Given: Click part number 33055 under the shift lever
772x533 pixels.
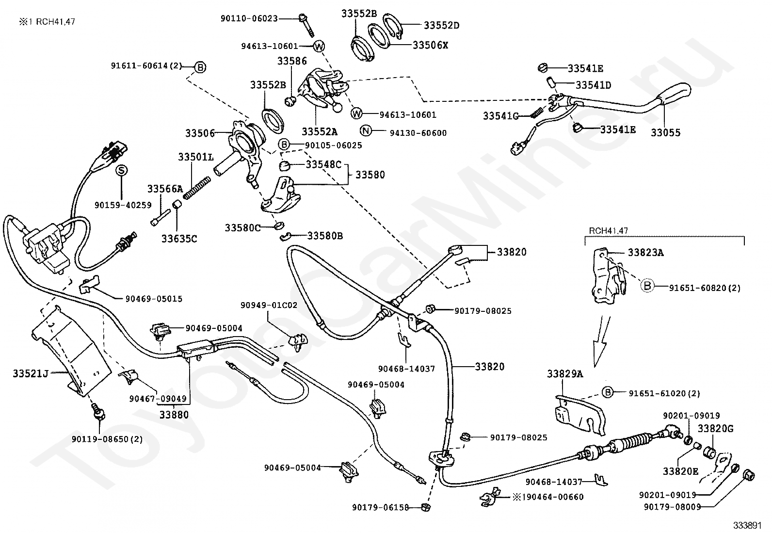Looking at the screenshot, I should click(665, 132).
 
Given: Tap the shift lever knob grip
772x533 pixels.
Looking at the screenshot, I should click(676, 93).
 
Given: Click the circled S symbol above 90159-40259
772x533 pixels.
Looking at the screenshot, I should click(121, 170).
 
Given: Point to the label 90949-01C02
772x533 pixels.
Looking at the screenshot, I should click(269, 305).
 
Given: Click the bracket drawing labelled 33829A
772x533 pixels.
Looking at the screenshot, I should click(579, 413).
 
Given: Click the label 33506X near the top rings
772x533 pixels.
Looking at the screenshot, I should click(430, 45).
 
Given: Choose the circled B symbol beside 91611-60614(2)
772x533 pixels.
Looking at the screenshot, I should click(201, 67).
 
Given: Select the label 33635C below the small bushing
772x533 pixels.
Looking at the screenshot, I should click(179, 239).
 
